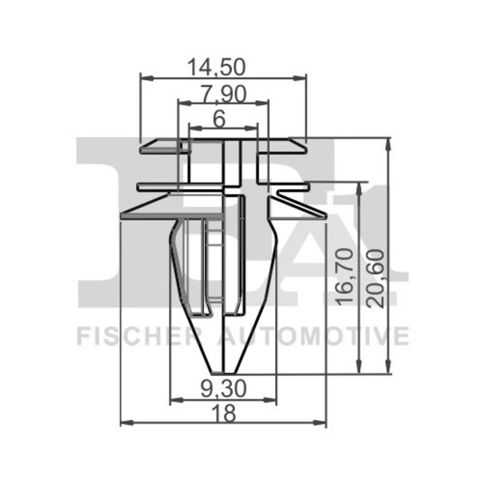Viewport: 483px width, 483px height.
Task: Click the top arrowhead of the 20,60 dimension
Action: [x=388, y=142]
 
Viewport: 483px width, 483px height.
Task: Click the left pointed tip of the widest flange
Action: [x=121, y=216]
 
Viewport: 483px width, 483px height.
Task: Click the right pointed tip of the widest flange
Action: [x=326, y=216]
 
